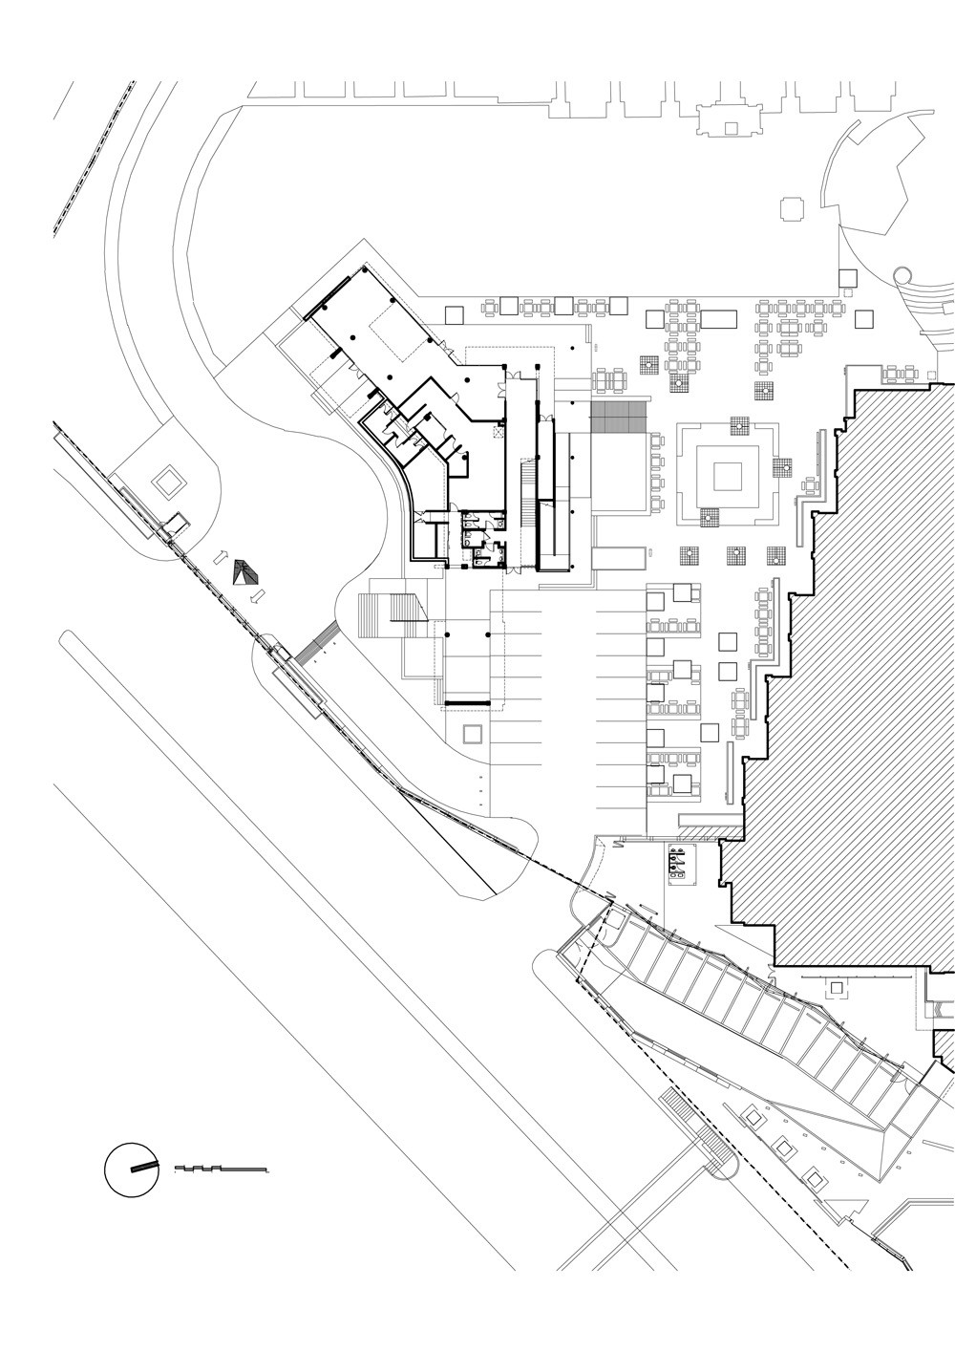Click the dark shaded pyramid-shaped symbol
(x=246, y=573)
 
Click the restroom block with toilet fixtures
(x=482, y=540)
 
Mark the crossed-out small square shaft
(x=497, y=433)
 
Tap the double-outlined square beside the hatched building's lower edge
(x=837, y=987)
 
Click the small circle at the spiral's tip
(x=901, y=276)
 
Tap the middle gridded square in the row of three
(x=735, y=554)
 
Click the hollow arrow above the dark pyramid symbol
(x=220, y=558)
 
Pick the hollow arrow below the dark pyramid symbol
(x=256, y=597)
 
